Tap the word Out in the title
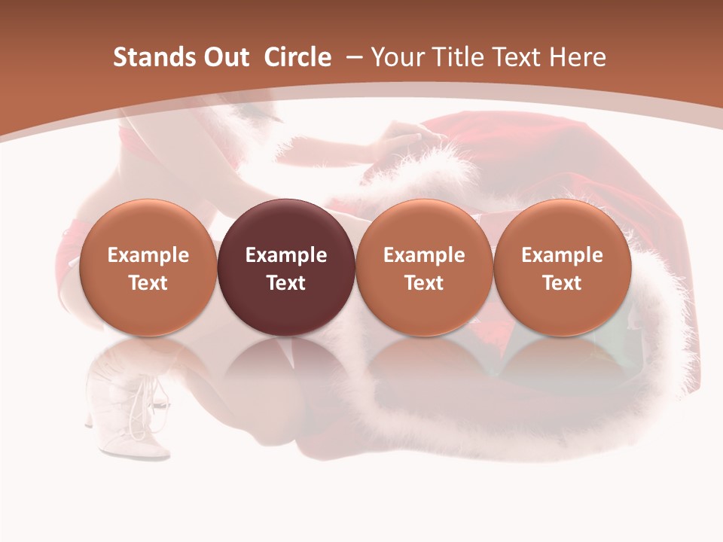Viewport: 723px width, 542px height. [x=224, y=57]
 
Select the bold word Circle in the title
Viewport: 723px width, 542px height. [x=297, y=57]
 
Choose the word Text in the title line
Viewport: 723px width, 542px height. [x=519, y=57]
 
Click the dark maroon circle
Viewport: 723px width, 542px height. [x=286, y=268]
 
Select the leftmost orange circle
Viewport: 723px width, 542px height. [x=148, y=268]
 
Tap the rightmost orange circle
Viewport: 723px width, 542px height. [x=562, y=268]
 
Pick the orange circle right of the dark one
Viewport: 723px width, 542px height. [x=424, y=268]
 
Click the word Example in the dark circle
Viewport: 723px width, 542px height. [x=286, y=255]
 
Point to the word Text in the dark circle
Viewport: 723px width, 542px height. [x=286, y=283]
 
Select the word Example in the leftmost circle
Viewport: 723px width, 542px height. [x=148, y=255]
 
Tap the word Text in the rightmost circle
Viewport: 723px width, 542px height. [x=562, y=283]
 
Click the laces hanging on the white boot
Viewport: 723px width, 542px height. [x=140, y=418]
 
